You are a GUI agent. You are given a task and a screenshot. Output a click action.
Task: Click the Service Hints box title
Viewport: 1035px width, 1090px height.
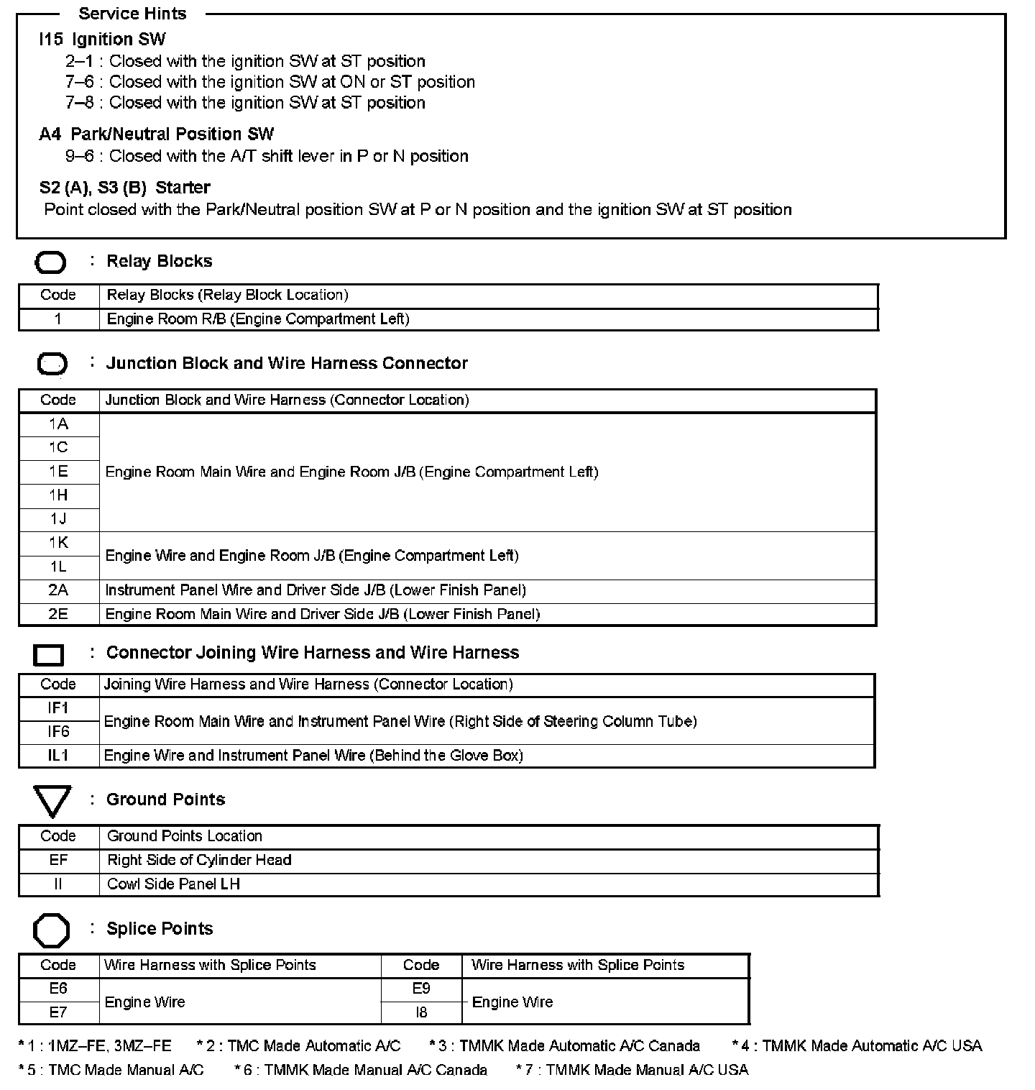[x=132, y=14]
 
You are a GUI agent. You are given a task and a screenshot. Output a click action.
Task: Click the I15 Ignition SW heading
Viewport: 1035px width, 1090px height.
[x=102, y=39]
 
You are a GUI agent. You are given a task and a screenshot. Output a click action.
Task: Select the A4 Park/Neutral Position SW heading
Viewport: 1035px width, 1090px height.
[x=156, y=134]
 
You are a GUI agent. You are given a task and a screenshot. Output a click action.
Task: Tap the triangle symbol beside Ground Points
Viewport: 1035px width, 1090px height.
[x=52, y=801]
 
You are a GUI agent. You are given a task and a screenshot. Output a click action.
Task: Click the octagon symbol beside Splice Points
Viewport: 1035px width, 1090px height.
[x=51, y=930]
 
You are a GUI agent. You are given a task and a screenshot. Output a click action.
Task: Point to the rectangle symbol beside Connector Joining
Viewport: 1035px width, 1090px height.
[x=49, y=654]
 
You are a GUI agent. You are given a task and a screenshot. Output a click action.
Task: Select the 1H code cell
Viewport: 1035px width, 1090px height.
[x=58, y=495]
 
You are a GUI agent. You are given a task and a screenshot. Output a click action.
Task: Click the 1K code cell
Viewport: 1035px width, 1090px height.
[x=58, y=543]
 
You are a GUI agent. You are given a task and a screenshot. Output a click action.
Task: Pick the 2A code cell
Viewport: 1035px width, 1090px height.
[x=58, y=590]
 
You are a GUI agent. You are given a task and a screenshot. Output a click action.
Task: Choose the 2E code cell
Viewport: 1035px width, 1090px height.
[x=58, y=614]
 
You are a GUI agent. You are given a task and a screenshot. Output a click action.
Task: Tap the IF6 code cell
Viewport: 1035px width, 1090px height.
[x=58, y=731]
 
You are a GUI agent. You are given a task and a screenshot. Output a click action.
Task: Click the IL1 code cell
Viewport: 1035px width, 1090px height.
[x=58, y=756]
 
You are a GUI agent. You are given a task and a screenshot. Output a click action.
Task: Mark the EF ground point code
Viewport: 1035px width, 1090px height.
[x=58, y=860]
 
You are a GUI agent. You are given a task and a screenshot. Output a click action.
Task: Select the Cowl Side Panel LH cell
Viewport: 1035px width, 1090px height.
[x=173, y=884]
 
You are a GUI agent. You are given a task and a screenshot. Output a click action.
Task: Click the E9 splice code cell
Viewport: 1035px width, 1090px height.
[x=421, y=989]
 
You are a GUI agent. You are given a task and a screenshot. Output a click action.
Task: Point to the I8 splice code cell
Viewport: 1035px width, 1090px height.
[x=421, y=1012]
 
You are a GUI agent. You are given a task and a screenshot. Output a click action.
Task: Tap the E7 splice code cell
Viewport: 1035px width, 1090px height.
[x=58, y=1012]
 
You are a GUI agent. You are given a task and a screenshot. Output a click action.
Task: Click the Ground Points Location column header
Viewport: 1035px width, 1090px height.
[x=185, y=836]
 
